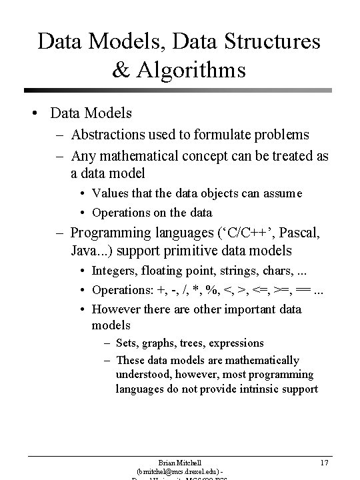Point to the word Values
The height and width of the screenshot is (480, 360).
pos(109,193)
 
